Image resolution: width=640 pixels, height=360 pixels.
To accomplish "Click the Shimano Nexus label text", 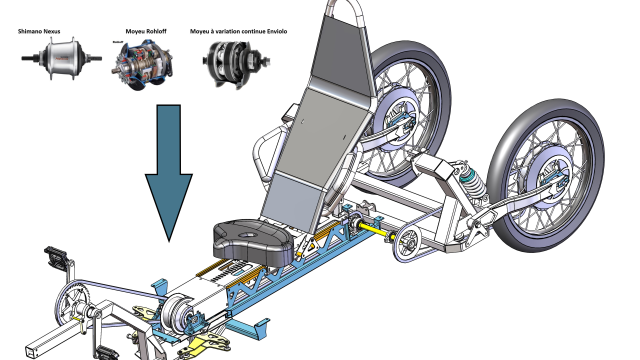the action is [x=39, y=31].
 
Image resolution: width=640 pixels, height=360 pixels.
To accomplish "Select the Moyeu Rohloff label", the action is [x=146, y=31].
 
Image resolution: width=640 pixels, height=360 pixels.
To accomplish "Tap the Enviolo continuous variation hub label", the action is [x=239, y=31].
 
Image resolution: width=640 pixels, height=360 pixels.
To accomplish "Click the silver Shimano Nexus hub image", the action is [x=62, y=58].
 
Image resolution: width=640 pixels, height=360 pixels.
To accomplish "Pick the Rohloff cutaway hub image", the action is [x=142, y=64].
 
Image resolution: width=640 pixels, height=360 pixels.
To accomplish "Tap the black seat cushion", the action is [x=252, y=242].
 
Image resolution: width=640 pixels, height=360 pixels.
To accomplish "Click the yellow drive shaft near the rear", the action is [x=373, y=229].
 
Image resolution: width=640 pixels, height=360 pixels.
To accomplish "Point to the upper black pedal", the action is [x=56, y=256].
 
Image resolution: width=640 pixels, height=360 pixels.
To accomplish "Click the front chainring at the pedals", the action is [x=73, y=302].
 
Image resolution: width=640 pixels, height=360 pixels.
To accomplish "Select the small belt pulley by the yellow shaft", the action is [x=407, y=243].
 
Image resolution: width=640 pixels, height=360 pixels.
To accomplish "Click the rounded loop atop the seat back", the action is [x=345, y=9].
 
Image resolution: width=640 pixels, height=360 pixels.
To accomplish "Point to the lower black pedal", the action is [x=107, y=352].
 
